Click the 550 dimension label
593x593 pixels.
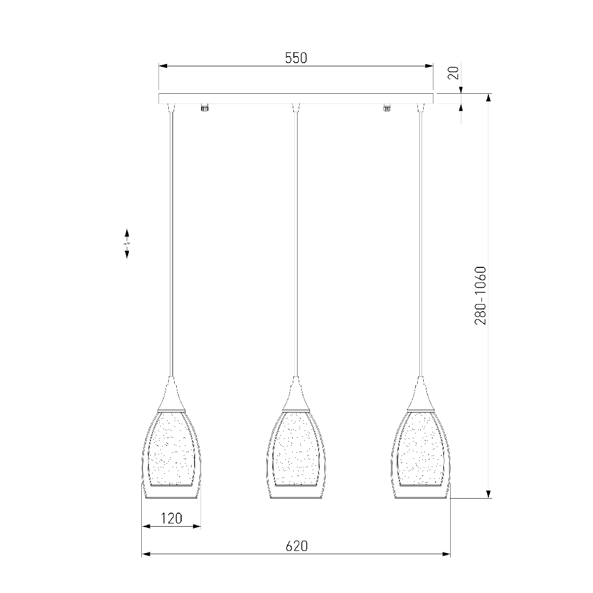[x=296, y=58]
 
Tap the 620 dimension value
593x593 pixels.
[x=296, y=546]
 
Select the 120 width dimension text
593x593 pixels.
[x=171, y=518]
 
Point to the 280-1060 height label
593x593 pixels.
[x=480, y=296]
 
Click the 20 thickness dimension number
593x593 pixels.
[x=453, y=73]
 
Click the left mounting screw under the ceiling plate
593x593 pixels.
[x=205, y=107]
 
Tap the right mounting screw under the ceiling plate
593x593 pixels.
[x=387, y=107]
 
